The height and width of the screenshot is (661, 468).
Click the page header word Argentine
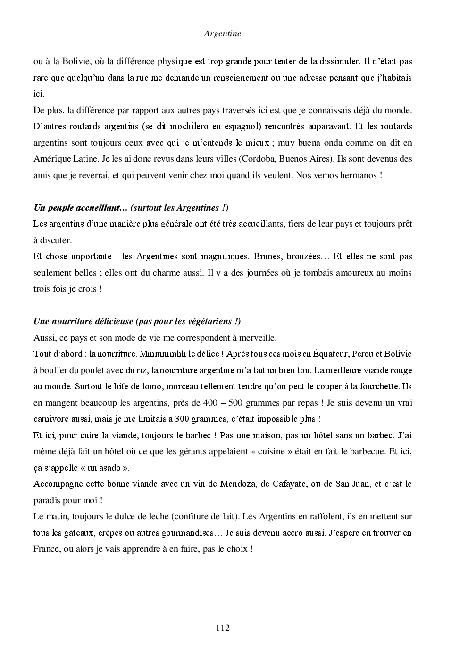pyautogui.click(x=223, y=33)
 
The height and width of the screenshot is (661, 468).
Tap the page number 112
pyautogui.click(x=223, y=628)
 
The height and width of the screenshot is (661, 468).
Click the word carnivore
pyautogui.click(x=52, y=419)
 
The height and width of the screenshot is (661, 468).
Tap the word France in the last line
pyautogui.click(x=47, y=549)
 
